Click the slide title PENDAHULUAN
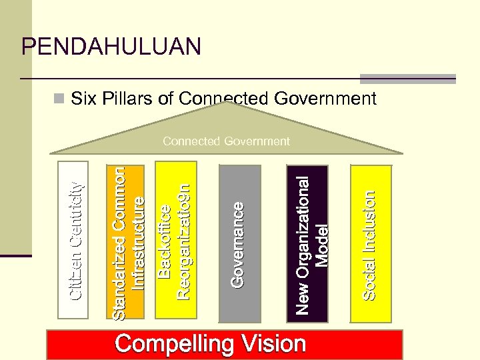(111, 46)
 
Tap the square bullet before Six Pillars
(60, 99)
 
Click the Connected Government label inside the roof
(226, 141)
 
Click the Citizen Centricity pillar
(79, 240)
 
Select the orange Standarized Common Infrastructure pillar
(127, 240)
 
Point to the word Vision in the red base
(273, 344)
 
